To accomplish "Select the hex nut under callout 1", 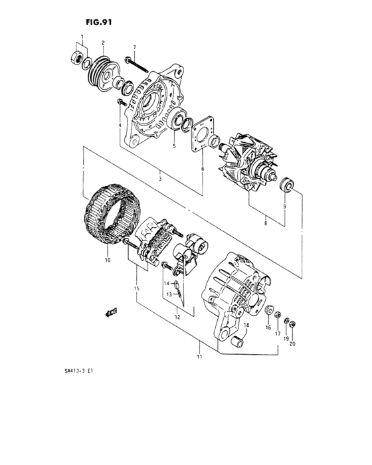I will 78,56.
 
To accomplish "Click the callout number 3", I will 159,179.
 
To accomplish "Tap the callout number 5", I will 173,146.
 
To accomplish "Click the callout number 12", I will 178,318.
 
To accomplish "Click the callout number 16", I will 269,327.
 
